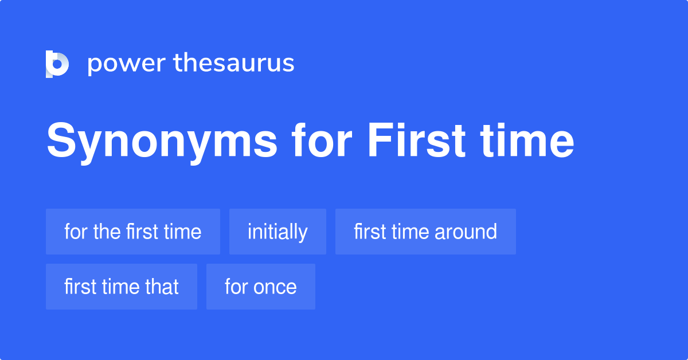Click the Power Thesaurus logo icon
pos(57,64)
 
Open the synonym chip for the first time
pos(133,232)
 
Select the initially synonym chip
pos(277,232)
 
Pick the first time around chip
pos(425,232)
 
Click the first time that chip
pos(122,287)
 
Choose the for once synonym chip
pos(261,287)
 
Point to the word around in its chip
pos(466,232)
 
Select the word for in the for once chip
pos(235,287)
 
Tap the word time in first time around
pos(409,232)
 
